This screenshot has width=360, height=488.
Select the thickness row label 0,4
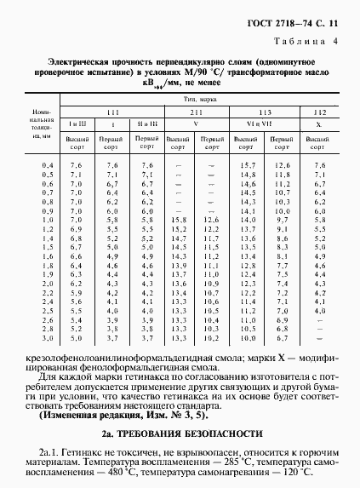pos(48,164)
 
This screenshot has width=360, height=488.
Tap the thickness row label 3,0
pos(48,327)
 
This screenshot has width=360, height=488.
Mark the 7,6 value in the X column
pos(320,164)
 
